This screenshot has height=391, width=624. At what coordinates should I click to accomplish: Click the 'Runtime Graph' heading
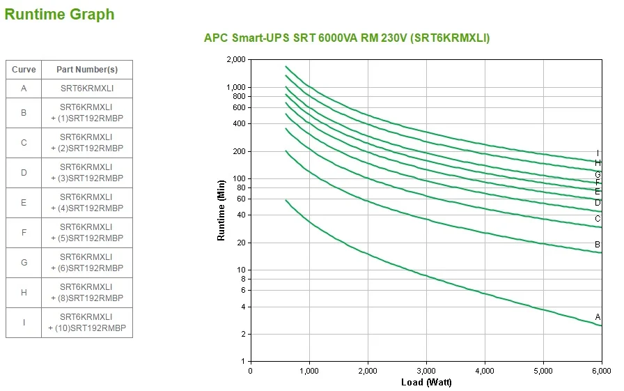tap(59, 14)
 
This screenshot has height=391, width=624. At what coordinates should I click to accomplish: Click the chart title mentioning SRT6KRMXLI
tap(346, 38)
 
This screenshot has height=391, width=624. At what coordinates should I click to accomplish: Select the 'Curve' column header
tap(24, 70)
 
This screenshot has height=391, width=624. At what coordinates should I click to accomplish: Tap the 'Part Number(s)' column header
tap(87, 70)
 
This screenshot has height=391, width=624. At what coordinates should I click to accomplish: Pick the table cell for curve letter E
tap(24, 203)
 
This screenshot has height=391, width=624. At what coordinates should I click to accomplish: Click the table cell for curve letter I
tap(24, 323)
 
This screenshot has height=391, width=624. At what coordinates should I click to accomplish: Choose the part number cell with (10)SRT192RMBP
tap(87, 323)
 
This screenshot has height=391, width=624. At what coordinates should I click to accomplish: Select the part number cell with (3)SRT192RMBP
tap(87, 173)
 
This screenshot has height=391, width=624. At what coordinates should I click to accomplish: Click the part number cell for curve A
tap(87, 88)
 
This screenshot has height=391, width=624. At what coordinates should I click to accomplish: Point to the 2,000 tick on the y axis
tap(237, 60)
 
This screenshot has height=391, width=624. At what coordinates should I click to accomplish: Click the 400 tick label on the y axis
tap(240, 124)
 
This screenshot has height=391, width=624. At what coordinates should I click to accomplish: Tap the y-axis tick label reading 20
tap(242, 243)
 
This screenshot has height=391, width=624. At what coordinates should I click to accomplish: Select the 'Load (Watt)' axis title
tap(426, 383)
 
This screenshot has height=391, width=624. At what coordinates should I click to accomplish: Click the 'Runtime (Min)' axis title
tap(221, 210)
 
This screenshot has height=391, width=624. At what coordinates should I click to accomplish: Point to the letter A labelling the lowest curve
tap(598, 317)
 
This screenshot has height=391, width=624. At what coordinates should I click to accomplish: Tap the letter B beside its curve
tap(598, 245)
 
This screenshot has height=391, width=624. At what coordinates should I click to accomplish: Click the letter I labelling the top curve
tap(598, 153)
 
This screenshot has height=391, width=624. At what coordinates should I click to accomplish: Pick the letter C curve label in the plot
tap(598, 218)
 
